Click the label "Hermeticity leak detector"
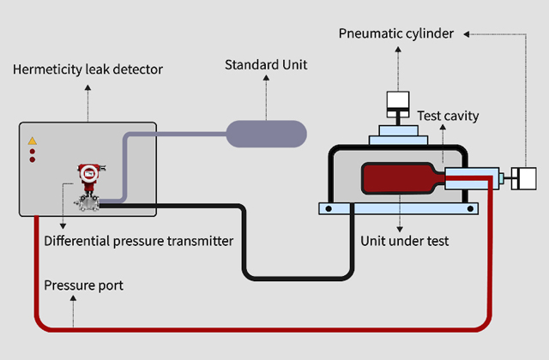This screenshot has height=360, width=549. coord(87,69)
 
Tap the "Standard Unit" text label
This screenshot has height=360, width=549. coord(266,64)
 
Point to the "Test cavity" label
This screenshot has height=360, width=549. coord(448,115)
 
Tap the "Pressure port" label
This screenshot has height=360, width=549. coord(83,285)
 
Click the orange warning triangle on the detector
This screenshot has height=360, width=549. coord(33,141)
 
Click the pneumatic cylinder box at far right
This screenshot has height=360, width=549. coord(523,179)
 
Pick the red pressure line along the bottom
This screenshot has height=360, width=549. coord(257,327)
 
